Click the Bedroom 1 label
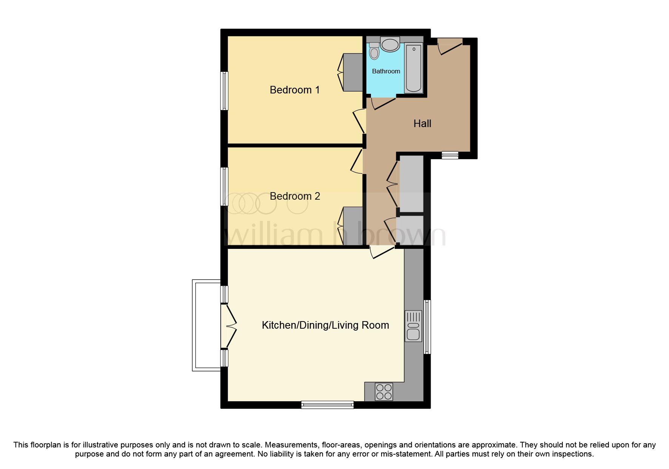295,90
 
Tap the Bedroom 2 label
295,196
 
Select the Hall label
422,124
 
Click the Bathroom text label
386,71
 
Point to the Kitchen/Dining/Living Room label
325,325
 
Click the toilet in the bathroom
374,51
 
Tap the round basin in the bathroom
390,45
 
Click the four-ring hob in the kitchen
384,392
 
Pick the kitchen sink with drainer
413,326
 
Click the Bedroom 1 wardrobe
353,72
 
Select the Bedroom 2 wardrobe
353,226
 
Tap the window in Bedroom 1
224,91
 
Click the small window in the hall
450,155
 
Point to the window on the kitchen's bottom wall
327,405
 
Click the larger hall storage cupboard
411,183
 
